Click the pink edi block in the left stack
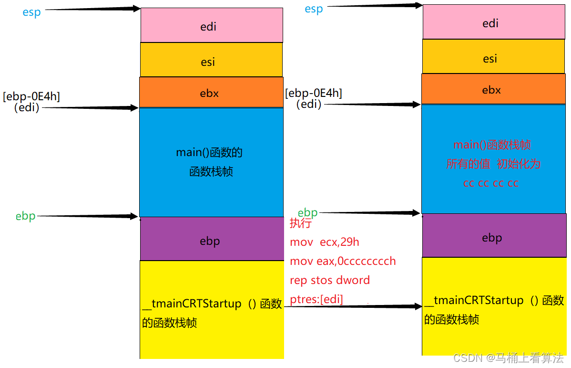click(211, 25)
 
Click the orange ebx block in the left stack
click(211, 93)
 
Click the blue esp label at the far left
click(31, 12)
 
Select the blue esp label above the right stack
click(314, 9)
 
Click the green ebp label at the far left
click(25, 216)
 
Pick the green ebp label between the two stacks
click(307, 212)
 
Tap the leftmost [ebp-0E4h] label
click(31, 96)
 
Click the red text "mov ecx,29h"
click(325, 242)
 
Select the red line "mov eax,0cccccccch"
click(343, 261)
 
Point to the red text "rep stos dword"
click(330, 280)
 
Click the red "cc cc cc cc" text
click(490, 183)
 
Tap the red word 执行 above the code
click(300, 223)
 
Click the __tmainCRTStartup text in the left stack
click(192, 304)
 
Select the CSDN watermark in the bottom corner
click(508, 358)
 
